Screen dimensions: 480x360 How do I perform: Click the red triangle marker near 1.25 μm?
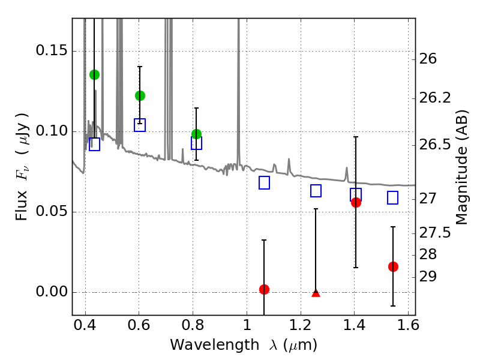click(x=316, y=293)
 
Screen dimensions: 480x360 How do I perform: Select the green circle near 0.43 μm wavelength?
click(x=94, y=74)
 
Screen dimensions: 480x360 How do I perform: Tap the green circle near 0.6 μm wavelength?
click(x=140, y=96)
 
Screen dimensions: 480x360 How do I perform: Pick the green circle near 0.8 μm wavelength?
click(x=197, y=134)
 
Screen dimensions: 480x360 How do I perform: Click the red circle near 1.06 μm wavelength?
click(x=264, y=289)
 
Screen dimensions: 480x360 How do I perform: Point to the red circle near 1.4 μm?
click(x=356, y=202)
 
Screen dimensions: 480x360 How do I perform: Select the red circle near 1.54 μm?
click(x=393, y=266)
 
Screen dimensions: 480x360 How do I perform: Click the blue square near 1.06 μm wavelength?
click(x=264, y=183)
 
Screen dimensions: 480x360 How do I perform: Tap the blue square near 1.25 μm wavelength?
click(x=316, y=191)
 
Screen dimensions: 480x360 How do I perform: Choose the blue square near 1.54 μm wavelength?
click(x=393, y=198)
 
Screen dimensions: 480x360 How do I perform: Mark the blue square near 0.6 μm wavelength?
click(x=140, y=125)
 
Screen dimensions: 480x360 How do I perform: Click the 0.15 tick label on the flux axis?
click(x=52, y=50)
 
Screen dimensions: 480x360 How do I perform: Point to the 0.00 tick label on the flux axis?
click(x=52, y=292)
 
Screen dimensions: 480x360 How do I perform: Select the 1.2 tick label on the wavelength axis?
click(x=301, y=325)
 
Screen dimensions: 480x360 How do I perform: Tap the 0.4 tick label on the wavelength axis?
click(x=85, y=325)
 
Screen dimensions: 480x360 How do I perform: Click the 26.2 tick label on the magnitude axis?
click(x=435, y=98)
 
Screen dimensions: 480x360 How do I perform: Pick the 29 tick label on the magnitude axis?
click(x=428, y=277)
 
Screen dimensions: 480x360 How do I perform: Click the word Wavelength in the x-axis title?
click(x=215, y=345)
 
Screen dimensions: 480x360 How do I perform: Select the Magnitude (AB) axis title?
click(x=462, y=167)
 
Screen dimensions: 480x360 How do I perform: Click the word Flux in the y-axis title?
click(x=22, y=206)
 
